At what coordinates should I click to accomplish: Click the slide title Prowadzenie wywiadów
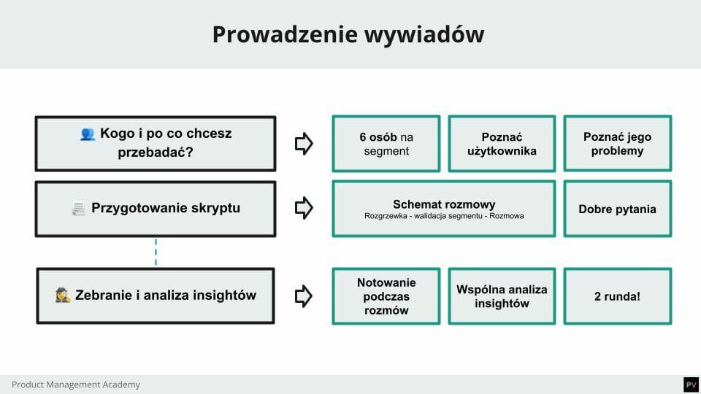pos(348,34)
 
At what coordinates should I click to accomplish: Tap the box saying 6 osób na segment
pos(386,144)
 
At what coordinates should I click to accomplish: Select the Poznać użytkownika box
pos(502,144)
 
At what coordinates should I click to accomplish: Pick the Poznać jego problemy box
pos(617,144)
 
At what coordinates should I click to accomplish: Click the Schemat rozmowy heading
pos(444,204)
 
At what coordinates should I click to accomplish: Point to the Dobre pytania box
pos(617,209)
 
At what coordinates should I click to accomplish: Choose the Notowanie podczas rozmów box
pos(386,296)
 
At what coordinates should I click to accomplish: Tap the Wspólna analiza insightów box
pos(502,296)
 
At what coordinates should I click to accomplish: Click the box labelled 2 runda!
pos(617,296)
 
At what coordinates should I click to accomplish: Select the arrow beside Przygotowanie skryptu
pos(304,209)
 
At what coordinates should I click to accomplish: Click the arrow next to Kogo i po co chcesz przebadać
pos(304,144)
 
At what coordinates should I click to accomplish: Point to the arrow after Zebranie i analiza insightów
pos(304,295)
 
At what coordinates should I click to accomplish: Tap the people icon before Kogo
pos(88,134)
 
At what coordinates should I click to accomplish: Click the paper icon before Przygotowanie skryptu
pos(79,209)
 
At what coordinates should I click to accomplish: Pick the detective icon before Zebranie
pos(64,295)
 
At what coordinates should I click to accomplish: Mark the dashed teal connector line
pos(156,252)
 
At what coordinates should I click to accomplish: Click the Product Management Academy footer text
pos(76,385)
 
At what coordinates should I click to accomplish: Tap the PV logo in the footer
pos(690,385)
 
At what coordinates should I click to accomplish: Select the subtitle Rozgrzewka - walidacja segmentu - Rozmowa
pos(444,217)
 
